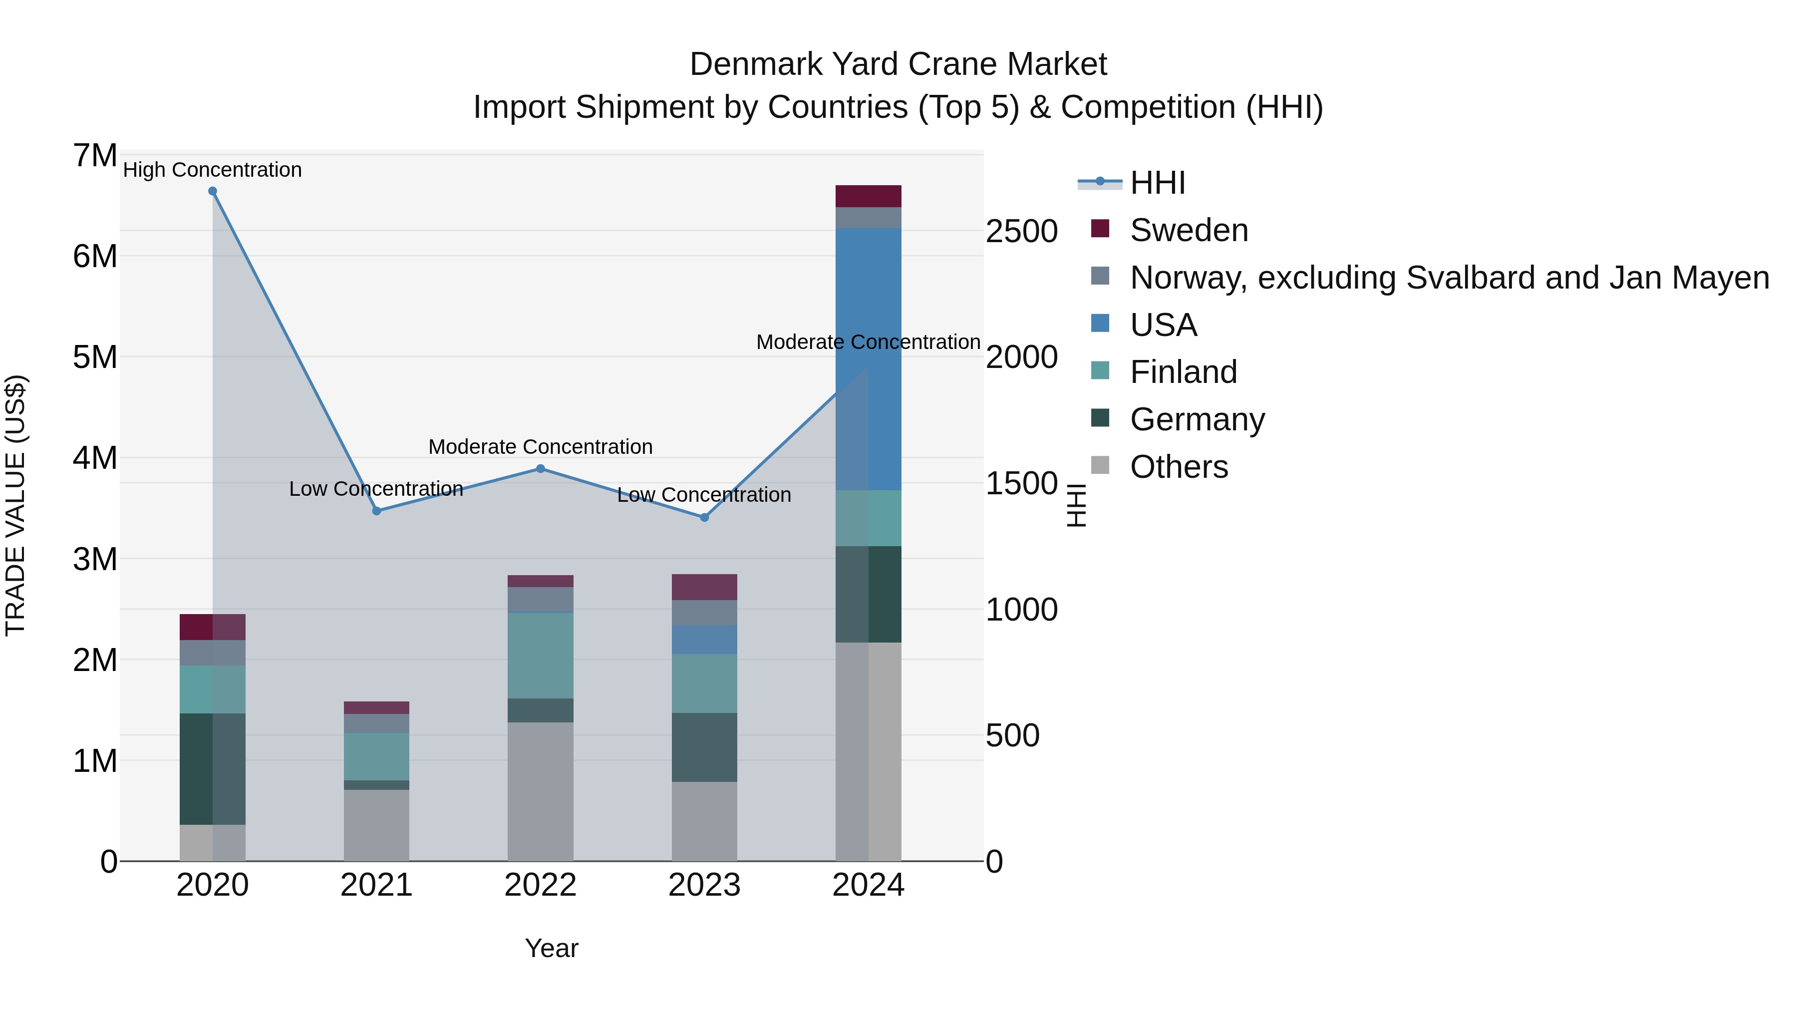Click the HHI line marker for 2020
(213, 191)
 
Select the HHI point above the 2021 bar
(377, 511)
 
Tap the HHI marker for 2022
(541, 469)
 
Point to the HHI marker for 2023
(704, 518)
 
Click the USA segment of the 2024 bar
(869, 359)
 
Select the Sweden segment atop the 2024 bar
(869, 196)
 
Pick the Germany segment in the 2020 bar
(213, 769)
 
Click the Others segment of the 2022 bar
(541, 791)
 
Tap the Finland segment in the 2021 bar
(377, 756)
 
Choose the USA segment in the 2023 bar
(704, 639)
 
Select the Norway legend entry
(1449, 278)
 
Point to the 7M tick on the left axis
(95, 156)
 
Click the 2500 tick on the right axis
(1021, 232)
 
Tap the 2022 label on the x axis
(541, 885)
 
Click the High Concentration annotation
(213, 170)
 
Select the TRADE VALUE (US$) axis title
(15, 505)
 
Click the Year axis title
(552, 948)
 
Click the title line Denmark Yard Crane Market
(898, 64)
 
